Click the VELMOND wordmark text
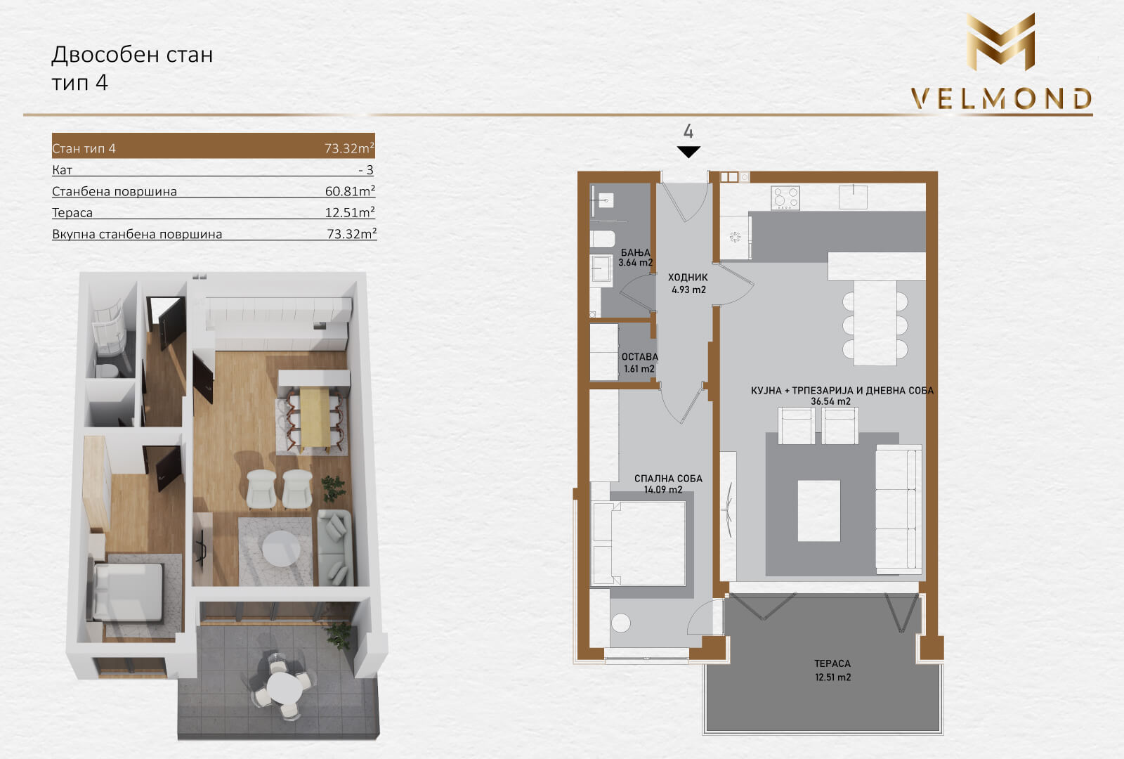pyautogui.click(x=1001, y=99)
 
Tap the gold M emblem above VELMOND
pyautogui.click(x=1000, y=41)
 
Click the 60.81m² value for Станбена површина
pyautogui.click(x=350, y=191)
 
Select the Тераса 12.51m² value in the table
pyautogui.click(x=350, y=212)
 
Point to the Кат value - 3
pyautogui.click(x=366, y=170)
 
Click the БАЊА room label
pyautogui.click(x=635, y=252)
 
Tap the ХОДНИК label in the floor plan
pyautogui.click(x=688, y=277)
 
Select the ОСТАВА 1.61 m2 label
pyautogui.click(x=639, y=363)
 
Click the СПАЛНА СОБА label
pyautogui.click(x=668, y=479)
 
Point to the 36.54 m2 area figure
pyautogui.click(x=830, y=401)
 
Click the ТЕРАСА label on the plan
pyautogui.click(x=832, y=663)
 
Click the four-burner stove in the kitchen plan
pyautogui.click(x=785, y=197)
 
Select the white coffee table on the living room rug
pyautogui.click(x=819, y=510)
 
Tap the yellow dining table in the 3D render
pyautogui.click(x=315, y=417)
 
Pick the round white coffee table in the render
pyautogui.click(x=281, y=548)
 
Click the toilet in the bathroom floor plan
pyautogui.click(x=602, y=238)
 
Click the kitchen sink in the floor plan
pyautogui.click(x=853, y=197)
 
